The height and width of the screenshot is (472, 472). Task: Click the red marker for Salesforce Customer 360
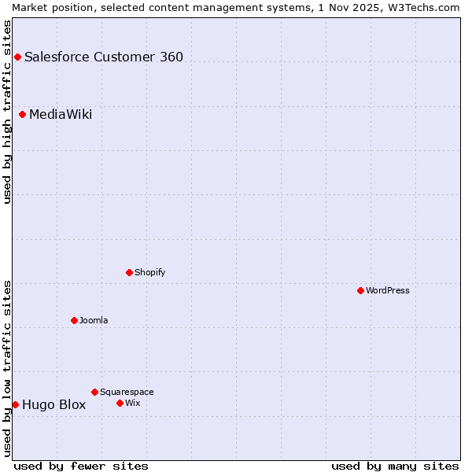(17, 57)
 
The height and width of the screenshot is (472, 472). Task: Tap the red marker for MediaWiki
(22, 114)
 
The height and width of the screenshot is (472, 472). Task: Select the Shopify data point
(129, 272)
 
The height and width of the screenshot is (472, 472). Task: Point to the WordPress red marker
(360, 290)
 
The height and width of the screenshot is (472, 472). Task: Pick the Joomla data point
(74, 320)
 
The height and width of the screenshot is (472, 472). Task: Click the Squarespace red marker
(94, 392)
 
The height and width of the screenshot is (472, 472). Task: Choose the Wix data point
(120, 403)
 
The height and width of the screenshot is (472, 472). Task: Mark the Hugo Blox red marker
(15, 404)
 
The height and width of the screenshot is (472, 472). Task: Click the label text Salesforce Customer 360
(104, 57)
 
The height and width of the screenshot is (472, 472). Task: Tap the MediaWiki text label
(61, 115)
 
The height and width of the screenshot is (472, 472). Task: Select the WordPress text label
(388, 290)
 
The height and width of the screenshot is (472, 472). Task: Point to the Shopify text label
(149, 272)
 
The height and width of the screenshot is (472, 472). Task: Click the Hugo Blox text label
(54, 405)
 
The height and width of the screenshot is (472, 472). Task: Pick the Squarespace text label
(127, 392)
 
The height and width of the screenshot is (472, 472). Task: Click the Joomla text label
(94, 320)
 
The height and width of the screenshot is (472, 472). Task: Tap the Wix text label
(133, 403)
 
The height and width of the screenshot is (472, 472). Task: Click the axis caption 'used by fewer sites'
(81, 466)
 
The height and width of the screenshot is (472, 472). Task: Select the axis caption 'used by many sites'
(395, 466)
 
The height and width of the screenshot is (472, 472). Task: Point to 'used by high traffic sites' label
(8, 112)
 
